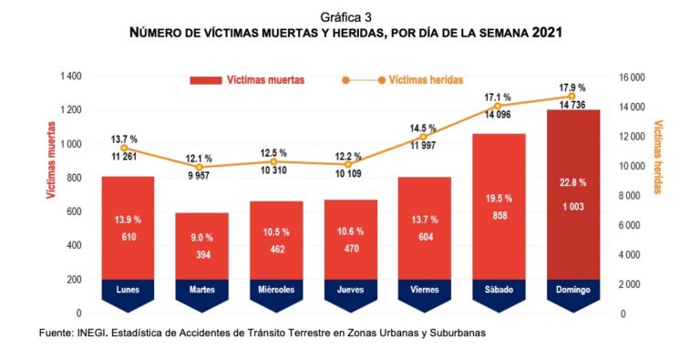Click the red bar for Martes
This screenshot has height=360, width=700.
(201, 246)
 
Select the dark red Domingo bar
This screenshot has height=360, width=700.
(573, 195)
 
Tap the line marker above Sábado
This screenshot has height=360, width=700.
(498, 106)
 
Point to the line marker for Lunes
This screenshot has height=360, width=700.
(124, 148)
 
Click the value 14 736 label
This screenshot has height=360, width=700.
(571, 106)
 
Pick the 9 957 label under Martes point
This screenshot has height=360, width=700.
(199, 176)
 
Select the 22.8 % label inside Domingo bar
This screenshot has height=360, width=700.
(573, 182)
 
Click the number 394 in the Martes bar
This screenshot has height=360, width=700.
(202, 255)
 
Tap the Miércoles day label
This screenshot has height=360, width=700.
(276, 290)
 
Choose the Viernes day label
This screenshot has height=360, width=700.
(425, 290)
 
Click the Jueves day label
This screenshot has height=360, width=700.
(350, 290)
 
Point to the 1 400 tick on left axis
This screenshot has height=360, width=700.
(71, 77)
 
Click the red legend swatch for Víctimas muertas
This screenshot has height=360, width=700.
(206, 80)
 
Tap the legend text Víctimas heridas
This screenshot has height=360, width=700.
(426, 80)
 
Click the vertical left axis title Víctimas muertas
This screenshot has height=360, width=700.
(51, 159)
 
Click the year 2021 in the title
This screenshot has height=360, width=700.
(547, 33)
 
